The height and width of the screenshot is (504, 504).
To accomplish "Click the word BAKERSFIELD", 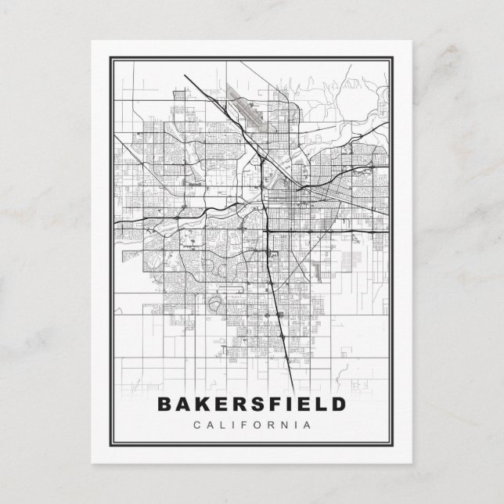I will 251,405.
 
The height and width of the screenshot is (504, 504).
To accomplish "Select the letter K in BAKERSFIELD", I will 201,405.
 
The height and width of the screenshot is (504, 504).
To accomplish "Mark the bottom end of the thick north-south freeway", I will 293,388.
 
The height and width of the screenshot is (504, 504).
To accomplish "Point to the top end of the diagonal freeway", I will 184,75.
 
